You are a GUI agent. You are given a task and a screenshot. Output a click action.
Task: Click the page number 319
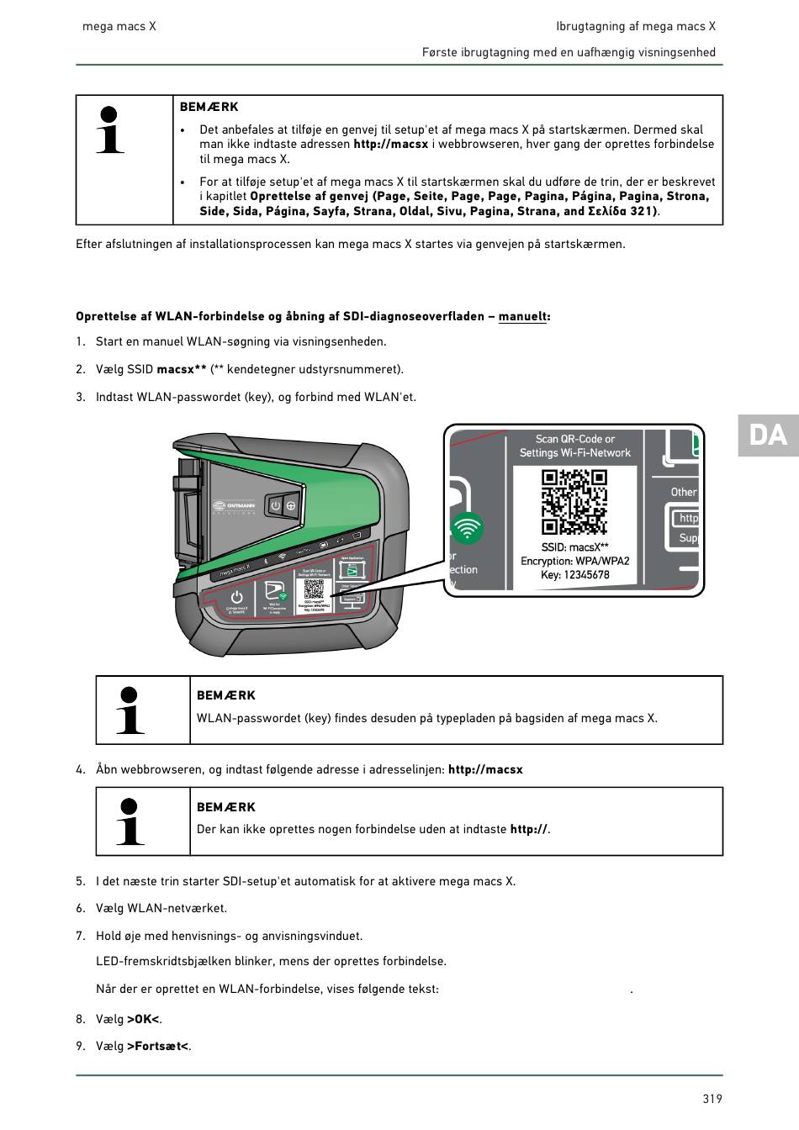[x=712, y=1098]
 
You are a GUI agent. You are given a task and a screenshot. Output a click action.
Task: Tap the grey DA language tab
[x=768, y=435]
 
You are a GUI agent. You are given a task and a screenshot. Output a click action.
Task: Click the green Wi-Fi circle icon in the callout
[x=468, y=529]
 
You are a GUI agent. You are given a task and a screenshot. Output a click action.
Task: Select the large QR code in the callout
[x=574, y=501]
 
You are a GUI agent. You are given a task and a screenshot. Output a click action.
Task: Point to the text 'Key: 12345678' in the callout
[x=575, y=575]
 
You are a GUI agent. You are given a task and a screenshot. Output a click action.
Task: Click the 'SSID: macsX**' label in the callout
[x=575, y=547]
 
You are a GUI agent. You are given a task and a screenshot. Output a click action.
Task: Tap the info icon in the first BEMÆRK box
[x=110, y=130]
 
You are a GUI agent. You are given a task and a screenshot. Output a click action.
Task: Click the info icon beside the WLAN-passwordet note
[x=130, y=710]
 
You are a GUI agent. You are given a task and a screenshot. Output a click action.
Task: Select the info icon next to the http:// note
[x=130, y=821]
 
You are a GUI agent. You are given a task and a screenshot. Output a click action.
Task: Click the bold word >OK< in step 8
[x=143, y=1019]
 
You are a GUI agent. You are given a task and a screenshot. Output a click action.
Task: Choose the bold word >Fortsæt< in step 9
[x=157, y=1046]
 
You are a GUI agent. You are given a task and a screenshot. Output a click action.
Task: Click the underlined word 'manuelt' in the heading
[x=522, y=317]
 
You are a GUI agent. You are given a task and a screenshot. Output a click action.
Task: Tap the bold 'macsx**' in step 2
[x=182, y=369]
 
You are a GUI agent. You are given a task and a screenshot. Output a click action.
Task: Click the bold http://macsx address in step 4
[x=485, y=769]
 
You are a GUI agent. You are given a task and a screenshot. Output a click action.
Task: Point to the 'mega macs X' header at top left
[x=119, y=26]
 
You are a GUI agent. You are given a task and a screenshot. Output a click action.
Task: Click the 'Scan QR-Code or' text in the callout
[x=575, y=439]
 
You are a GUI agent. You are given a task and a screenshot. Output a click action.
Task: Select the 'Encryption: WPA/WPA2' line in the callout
[x=575, y=561]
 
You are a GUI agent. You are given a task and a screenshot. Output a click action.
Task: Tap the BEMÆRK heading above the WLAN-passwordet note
[x=225, y=695]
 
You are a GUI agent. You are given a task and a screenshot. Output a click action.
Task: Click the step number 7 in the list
[x=81, y=936]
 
